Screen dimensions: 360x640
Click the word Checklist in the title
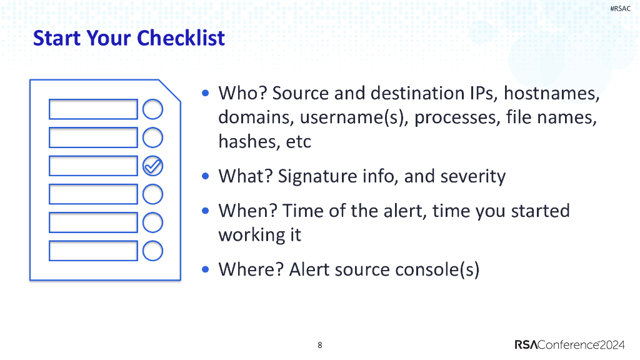click(x=181, y=38)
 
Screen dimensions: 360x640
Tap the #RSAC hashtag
click(x=620, y=8)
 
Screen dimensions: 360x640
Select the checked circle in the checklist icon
click(x=152, y=166)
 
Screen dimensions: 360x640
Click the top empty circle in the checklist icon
click(x=152, y=109)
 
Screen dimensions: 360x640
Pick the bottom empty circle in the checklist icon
click(x=152, y=251)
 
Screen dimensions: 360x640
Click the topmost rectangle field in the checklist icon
click(x=93, y=109)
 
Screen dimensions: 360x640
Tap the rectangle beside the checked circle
click(x=93, y=166)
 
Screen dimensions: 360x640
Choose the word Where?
click(x=251, y=269)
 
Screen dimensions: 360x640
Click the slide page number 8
click(x=320, y=345)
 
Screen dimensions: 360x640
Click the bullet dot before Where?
click(x=206, y=269)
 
